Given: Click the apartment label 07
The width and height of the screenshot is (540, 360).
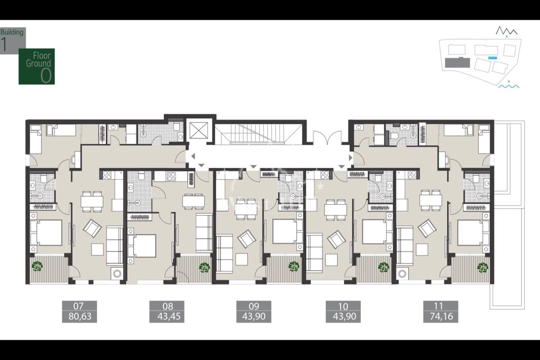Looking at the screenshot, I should (79, 306).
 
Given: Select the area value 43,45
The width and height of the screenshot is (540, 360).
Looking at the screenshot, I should (167, 317).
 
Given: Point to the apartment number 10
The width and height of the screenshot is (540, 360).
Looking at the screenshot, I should (342, 306).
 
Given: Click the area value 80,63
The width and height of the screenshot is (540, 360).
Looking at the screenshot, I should (79, 317).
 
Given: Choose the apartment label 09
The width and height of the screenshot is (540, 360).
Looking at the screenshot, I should (254, 306).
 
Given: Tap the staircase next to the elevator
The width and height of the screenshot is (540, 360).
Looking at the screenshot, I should (258, 134).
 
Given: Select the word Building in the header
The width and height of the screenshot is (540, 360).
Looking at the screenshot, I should (13, 32).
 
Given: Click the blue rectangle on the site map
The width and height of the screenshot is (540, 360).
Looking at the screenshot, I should (493, 58).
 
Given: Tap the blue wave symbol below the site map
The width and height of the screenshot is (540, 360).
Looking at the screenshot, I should (508, 86).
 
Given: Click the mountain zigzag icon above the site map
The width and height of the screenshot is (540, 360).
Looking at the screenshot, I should (507, 31).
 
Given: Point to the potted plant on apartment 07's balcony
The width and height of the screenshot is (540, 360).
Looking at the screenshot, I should (37, 267).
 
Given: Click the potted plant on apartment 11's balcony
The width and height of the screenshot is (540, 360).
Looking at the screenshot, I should (482, 267).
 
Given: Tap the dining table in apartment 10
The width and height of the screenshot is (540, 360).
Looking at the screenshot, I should (336, 208).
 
